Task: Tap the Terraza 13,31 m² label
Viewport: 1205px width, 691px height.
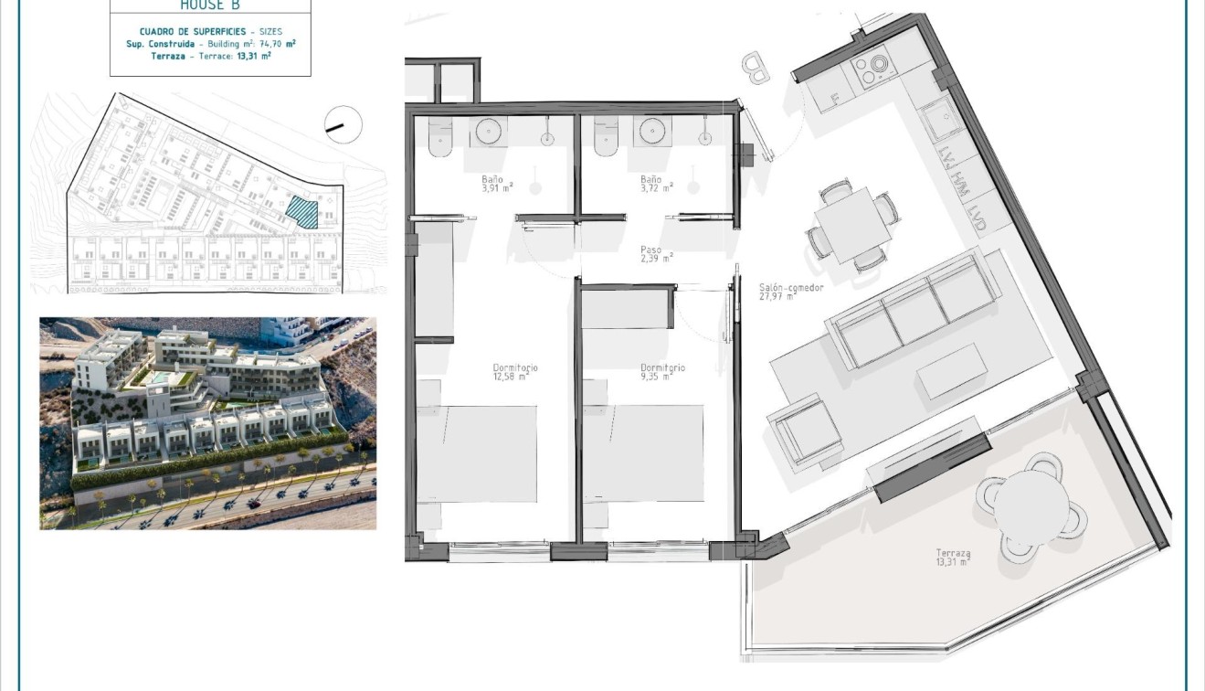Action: tap(953, 558)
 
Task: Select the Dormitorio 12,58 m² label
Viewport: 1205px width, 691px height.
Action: tap(515, 371)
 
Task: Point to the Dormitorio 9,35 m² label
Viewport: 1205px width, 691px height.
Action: tap(662, 371)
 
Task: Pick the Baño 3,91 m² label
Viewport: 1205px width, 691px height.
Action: tap(497, 183)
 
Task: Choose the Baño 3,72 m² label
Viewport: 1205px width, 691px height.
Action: tap(655, 183)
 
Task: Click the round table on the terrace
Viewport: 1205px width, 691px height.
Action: tap(1031, 506)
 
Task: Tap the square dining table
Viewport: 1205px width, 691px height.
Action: tap(851, 226)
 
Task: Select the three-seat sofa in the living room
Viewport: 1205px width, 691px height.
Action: tap(909, 311)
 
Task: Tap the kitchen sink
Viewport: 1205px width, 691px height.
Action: tap(939, 121)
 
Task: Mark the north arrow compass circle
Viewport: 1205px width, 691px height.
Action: tap(343, 125)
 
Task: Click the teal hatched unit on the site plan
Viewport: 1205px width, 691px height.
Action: tap(301, 212)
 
